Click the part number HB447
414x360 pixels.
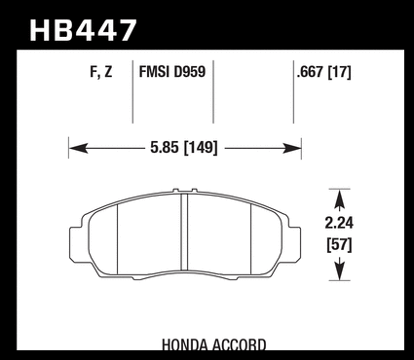click(x=83, y=30)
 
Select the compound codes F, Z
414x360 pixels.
click(x=101, y=72)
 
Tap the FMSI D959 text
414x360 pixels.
click(x=172, y=71)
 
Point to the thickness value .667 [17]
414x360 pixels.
click(x=324, y=72)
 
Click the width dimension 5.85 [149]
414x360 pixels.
click(x=183, y=148)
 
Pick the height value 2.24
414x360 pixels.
click(x=339, y=223)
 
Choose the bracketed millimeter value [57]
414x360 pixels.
click(x=339, y=245)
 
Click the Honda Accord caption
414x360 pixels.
click(x=213, y=344)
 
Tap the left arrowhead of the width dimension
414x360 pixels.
click(x=79, y=148)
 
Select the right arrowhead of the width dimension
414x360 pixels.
click(x=291, y=148)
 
